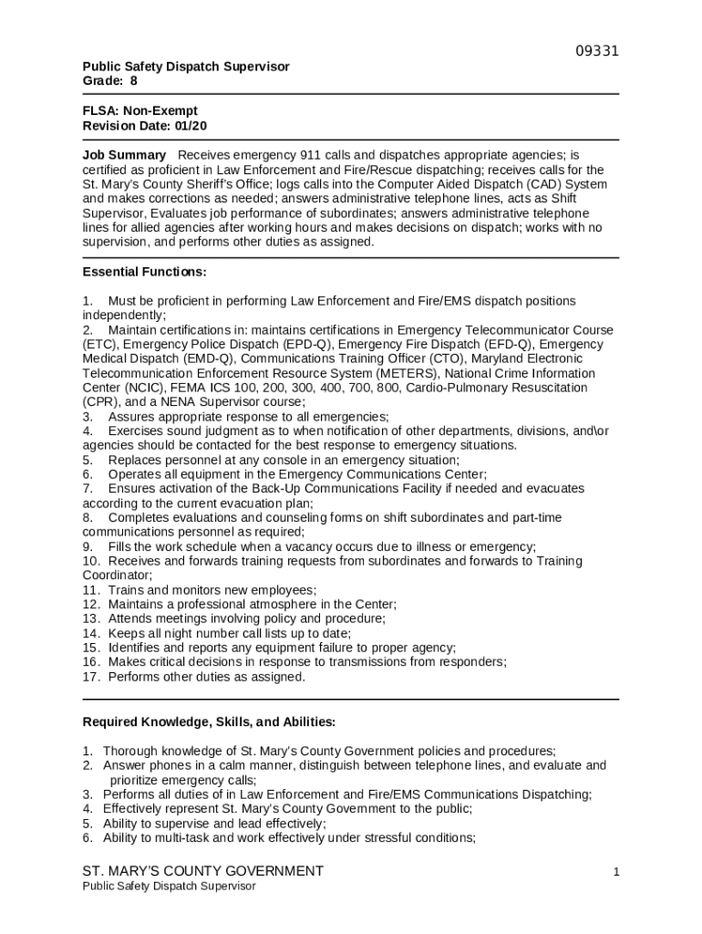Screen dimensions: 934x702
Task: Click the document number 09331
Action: [597, 51]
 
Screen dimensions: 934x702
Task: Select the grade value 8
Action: [133, 81]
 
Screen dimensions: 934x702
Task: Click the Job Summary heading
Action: [124, 155]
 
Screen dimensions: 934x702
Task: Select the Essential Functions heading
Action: [144, 272]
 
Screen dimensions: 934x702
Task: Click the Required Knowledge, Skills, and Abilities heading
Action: [209, 722]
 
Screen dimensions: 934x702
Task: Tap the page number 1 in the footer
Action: [616, 872]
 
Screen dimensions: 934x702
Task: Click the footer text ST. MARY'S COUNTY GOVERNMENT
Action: [202, 871]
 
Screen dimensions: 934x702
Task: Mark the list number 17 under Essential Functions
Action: [90, 677]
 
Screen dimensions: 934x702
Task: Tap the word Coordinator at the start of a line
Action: [116, 576]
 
